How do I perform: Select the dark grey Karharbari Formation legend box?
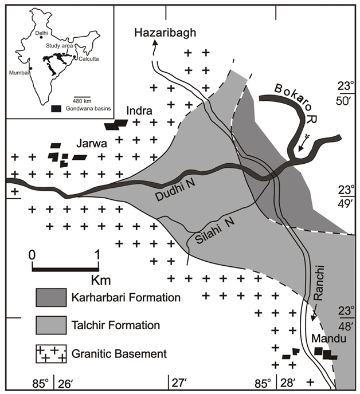53,298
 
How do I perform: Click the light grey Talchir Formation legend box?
53,326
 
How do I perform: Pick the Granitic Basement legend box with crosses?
53,353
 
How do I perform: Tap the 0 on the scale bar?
33,254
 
